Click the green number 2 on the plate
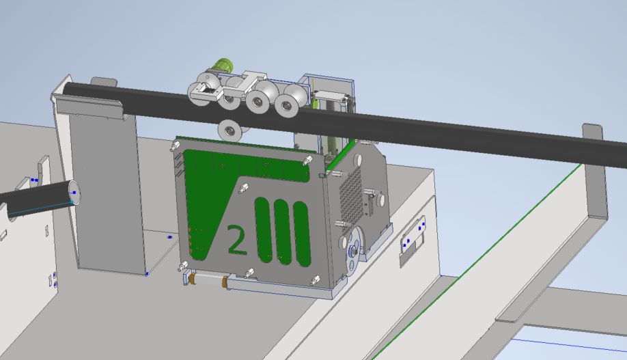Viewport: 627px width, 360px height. pos(236,240)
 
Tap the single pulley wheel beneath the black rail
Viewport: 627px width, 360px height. pos(229,130)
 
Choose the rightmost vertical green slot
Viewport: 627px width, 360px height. pos(302,234)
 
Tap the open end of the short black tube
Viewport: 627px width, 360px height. pos(74,193)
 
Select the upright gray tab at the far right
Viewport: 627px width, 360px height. pos(596,172)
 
